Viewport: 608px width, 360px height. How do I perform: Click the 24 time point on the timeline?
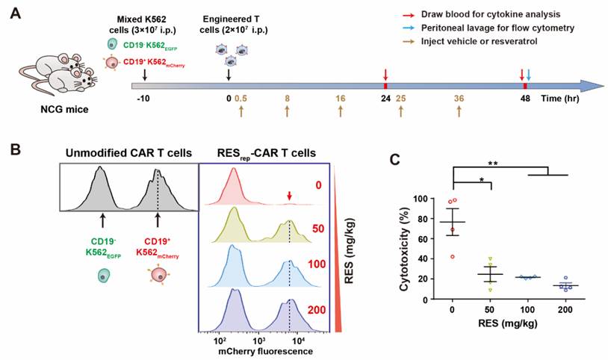385,98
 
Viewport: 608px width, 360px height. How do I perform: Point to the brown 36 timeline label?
459,98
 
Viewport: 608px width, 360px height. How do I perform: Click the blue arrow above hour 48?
529,75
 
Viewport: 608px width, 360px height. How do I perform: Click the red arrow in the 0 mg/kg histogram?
289,196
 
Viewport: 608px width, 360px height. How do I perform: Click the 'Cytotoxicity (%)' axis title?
404,248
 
